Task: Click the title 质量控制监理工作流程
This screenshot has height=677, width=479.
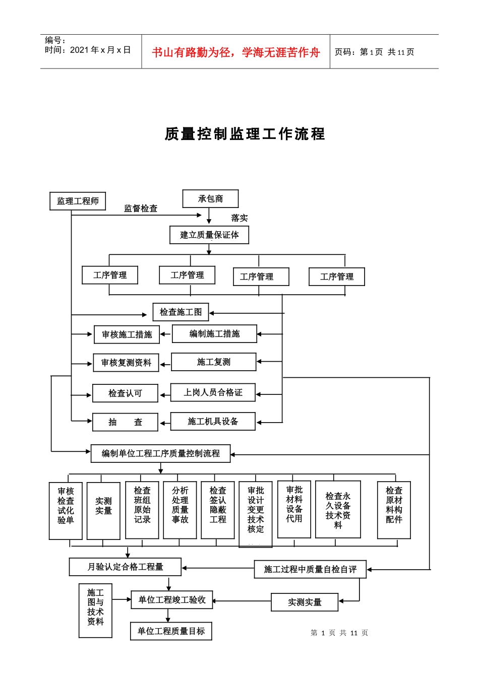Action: tap(245, 134)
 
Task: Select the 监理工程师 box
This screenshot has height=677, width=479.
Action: tap(78, 201)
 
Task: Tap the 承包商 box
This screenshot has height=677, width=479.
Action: tap(210, 199)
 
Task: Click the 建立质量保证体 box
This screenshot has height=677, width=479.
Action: tap(209, 235)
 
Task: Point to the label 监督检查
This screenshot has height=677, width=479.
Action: tap(141, 209)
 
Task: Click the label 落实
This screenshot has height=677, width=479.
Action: tap(239, 218)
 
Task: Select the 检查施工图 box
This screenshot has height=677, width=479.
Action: tap(181, 312)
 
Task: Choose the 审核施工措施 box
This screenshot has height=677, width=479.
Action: tap(127, 334)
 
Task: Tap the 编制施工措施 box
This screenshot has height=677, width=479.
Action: tap(214, 333)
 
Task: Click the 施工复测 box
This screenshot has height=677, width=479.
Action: tap(213, 362)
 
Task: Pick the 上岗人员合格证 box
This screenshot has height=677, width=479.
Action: tap(213, 392)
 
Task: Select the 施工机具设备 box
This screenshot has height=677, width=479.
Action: tap(213, 422)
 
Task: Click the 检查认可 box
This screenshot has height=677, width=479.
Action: tap(125, 393)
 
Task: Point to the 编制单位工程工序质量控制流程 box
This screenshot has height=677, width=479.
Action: tap(160, 453)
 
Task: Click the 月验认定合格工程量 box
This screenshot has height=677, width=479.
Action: tap(125, 567)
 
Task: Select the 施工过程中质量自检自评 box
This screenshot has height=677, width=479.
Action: tap(310, 570)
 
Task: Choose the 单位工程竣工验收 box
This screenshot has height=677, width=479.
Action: tap(172, 600)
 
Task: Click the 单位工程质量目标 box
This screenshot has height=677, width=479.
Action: tap(171, 631)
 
